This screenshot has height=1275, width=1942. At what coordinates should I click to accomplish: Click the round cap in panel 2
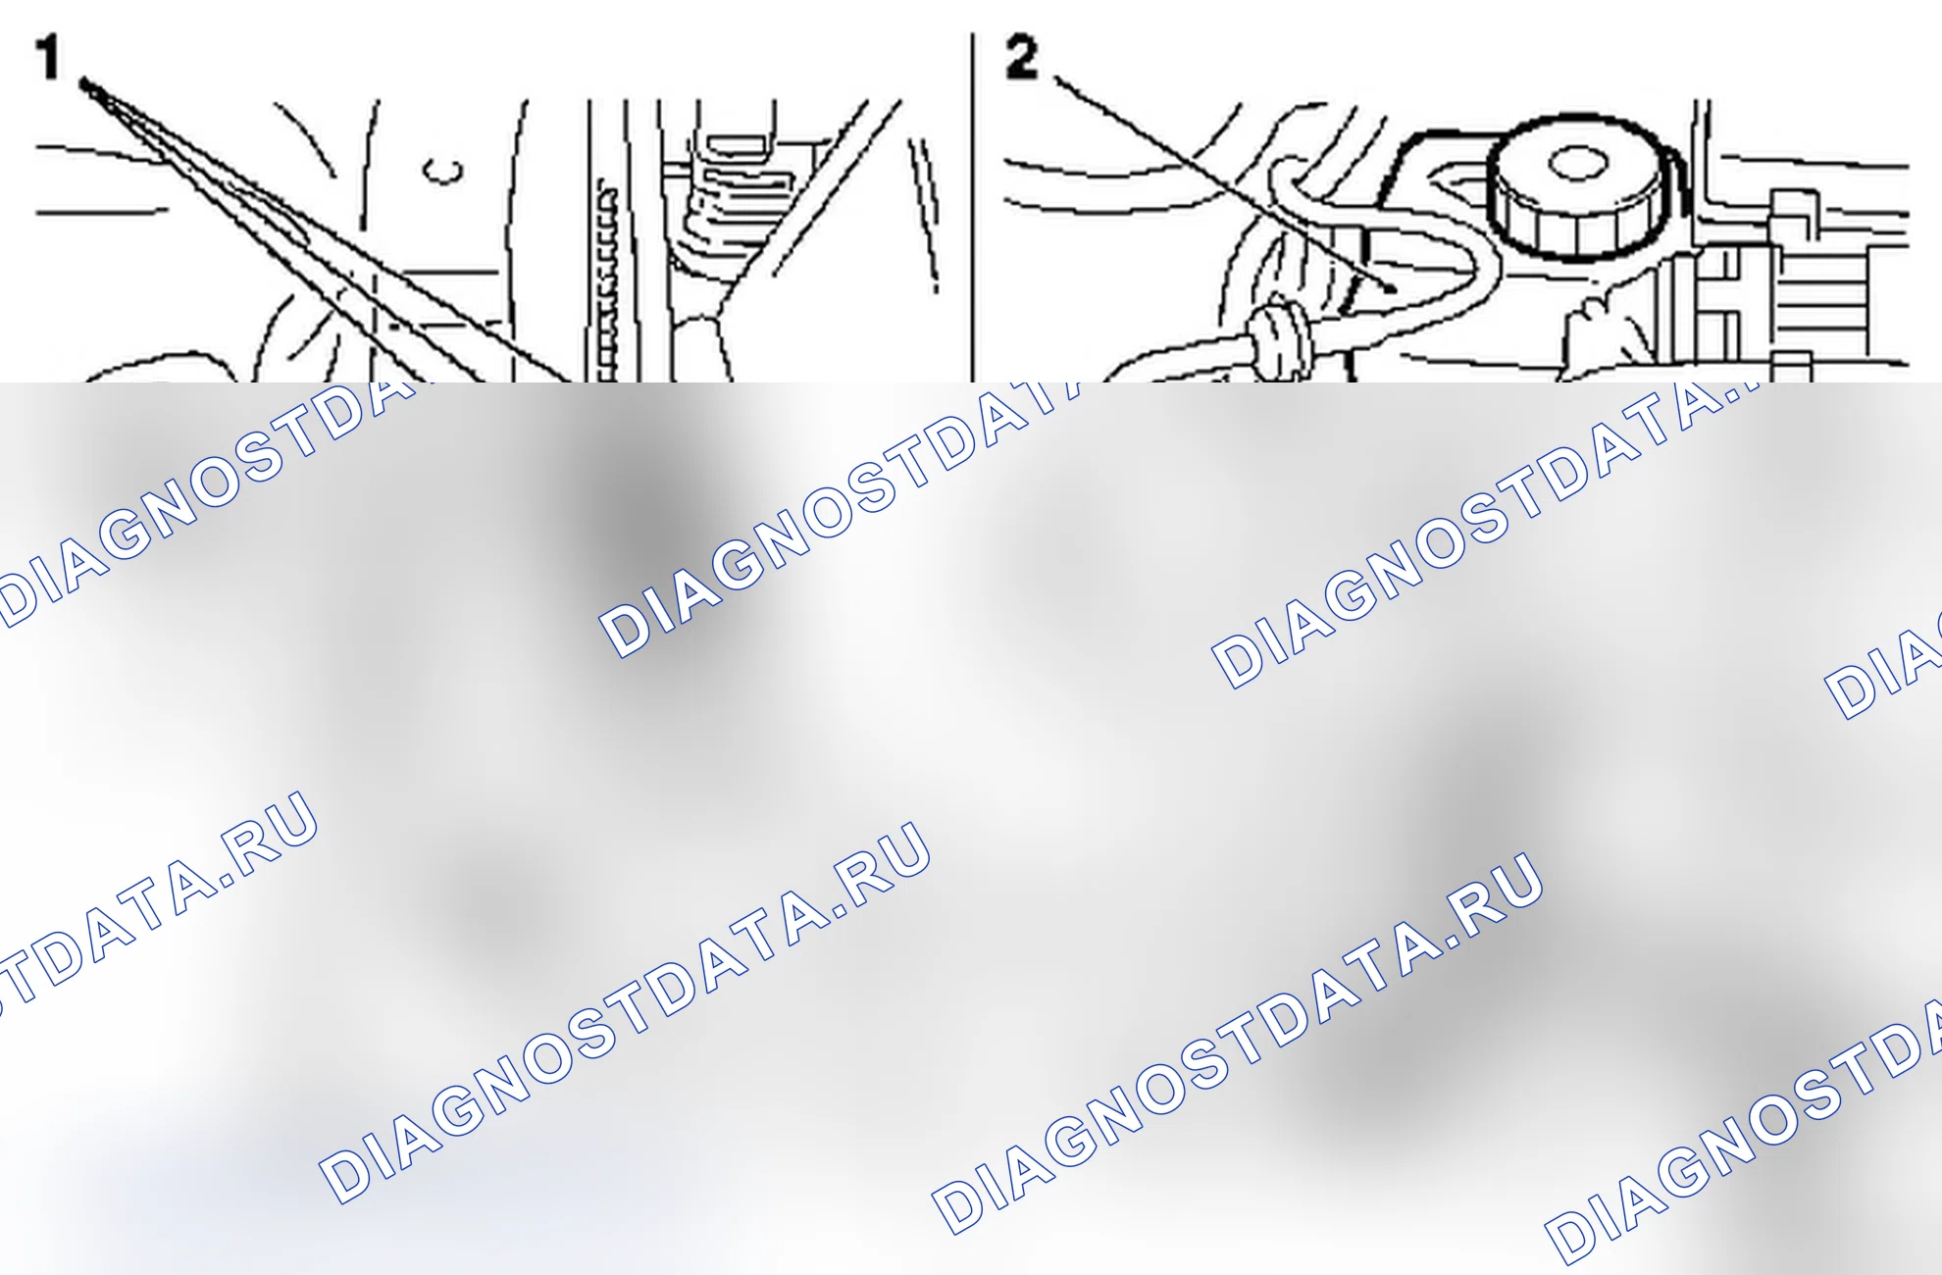point(1576,186)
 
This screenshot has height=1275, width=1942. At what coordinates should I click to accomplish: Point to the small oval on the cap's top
point(1576,163)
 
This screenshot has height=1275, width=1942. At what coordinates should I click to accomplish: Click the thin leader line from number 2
point(1226,185)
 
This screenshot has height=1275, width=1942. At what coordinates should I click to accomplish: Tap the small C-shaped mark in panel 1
point(442,171)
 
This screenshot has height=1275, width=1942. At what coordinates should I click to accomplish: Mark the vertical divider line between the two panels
point(972,207)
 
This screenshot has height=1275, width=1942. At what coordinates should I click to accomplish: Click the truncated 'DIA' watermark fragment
point(1883,672)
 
